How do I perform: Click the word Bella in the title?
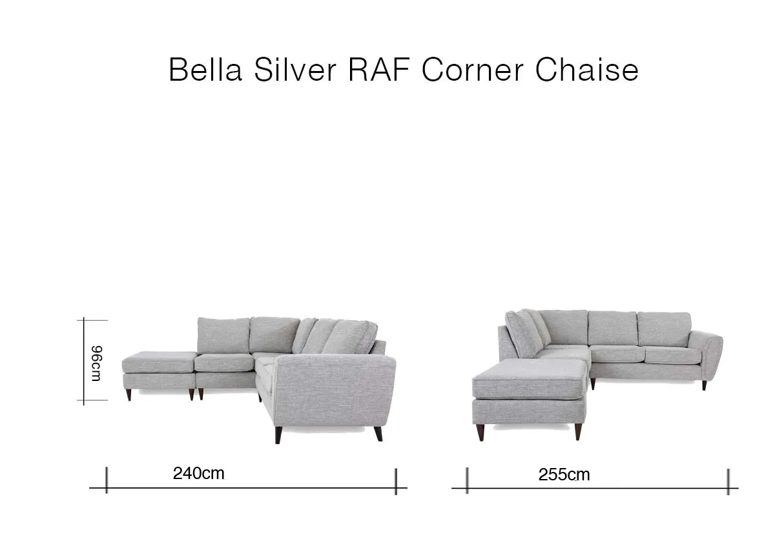click(x=205, y=70)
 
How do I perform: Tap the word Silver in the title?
click(x=294, y=70)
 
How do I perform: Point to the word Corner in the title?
click(x=473, y=70)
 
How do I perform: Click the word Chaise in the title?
click(x=586, y=70)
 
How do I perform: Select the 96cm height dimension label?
click(x=96, y=363)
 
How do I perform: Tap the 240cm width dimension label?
click(x=198, y=473)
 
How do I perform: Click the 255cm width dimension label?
click(x=564, y=475)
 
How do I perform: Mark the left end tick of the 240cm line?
click(x=107, y=481)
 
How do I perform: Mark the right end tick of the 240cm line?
click(x=396, y=482)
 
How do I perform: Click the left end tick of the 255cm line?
click(x=467, y=482)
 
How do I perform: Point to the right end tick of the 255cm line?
click(x=728, y=482)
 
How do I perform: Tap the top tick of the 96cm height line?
click(x=85, y=320)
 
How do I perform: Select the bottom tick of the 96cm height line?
click(x=85, y=401)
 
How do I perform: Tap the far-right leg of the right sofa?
click(x=704, y=385)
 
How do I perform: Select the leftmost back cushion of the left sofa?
click(x=223, y=335)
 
